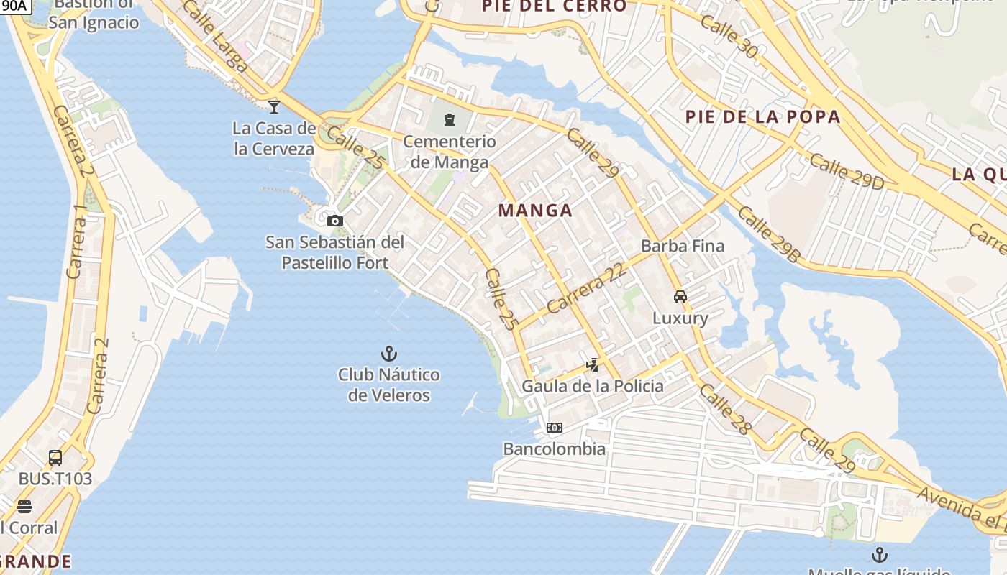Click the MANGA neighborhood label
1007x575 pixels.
[x=536, y=211]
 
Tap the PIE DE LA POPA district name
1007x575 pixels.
[x=762, y=117]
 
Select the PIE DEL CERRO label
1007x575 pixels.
[x=554, y=6]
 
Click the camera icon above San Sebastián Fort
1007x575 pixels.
[x=334, y=221]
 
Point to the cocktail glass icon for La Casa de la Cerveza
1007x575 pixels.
[x=274, y=107]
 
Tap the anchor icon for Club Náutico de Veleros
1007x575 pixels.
[x=388, y=354]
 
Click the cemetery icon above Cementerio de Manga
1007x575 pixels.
[x=450, y=120]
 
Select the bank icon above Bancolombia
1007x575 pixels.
[x=554, y=428]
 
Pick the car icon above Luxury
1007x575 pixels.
[x=680, y=296]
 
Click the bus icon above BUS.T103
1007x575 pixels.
[x=55, y=457]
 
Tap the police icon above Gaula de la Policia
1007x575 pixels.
[x=592, y=365]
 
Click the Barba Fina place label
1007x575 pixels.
[x=683, y=246]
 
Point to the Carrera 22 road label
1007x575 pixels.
[x=585, y=287]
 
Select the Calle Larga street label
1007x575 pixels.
[x=215, y=37]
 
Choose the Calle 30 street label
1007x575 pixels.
[x=729, y=37]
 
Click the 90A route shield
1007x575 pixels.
[x=14, y=6]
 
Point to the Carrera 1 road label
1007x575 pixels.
[x=76, y=241]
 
